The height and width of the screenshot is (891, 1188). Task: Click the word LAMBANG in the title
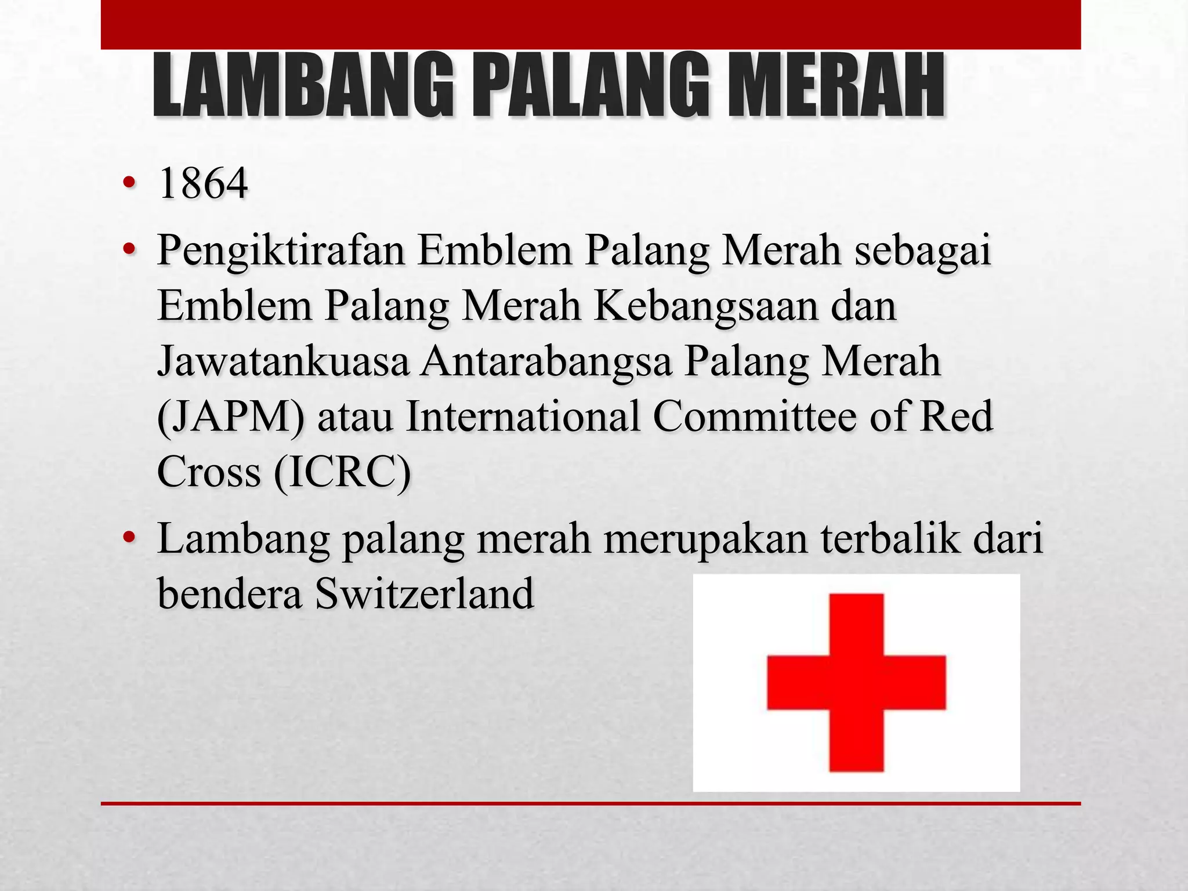[x=302, y=85]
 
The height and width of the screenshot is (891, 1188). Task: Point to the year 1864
[x=203, y=184]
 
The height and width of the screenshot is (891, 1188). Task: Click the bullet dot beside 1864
[x=129, y=184]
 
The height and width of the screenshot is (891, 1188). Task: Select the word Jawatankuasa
[x=283, y=361]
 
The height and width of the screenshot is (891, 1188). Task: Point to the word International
[x=522, y=416]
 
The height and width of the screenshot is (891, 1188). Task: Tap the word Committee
[x=754, y=416]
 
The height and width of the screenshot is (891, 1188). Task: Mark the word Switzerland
[x=424, y=593]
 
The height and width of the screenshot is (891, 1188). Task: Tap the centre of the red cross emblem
[x=856, y=682]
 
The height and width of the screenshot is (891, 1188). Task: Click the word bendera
[x=230, y=593]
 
